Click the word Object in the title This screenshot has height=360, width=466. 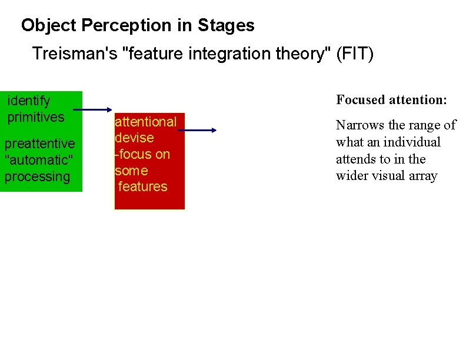49,26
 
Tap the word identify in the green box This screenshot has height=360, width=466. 29,101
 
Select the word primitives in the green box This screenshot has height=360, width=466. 36,117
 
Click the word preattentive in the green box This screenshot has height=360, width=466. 39,144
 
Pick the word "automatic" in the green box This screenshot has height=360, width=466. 37,160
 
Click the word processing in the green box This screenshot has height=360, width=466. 37,176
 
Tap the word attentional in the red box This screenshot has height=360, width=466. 145,122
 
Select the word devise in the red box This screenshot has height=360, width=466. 134,138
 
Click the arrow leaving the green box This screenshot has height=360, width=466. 94,109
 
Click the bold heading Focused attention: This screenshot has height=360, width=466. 391,100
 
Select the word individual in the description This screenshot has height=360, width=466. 411,142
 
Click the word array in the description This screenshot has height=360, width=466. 422,176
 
